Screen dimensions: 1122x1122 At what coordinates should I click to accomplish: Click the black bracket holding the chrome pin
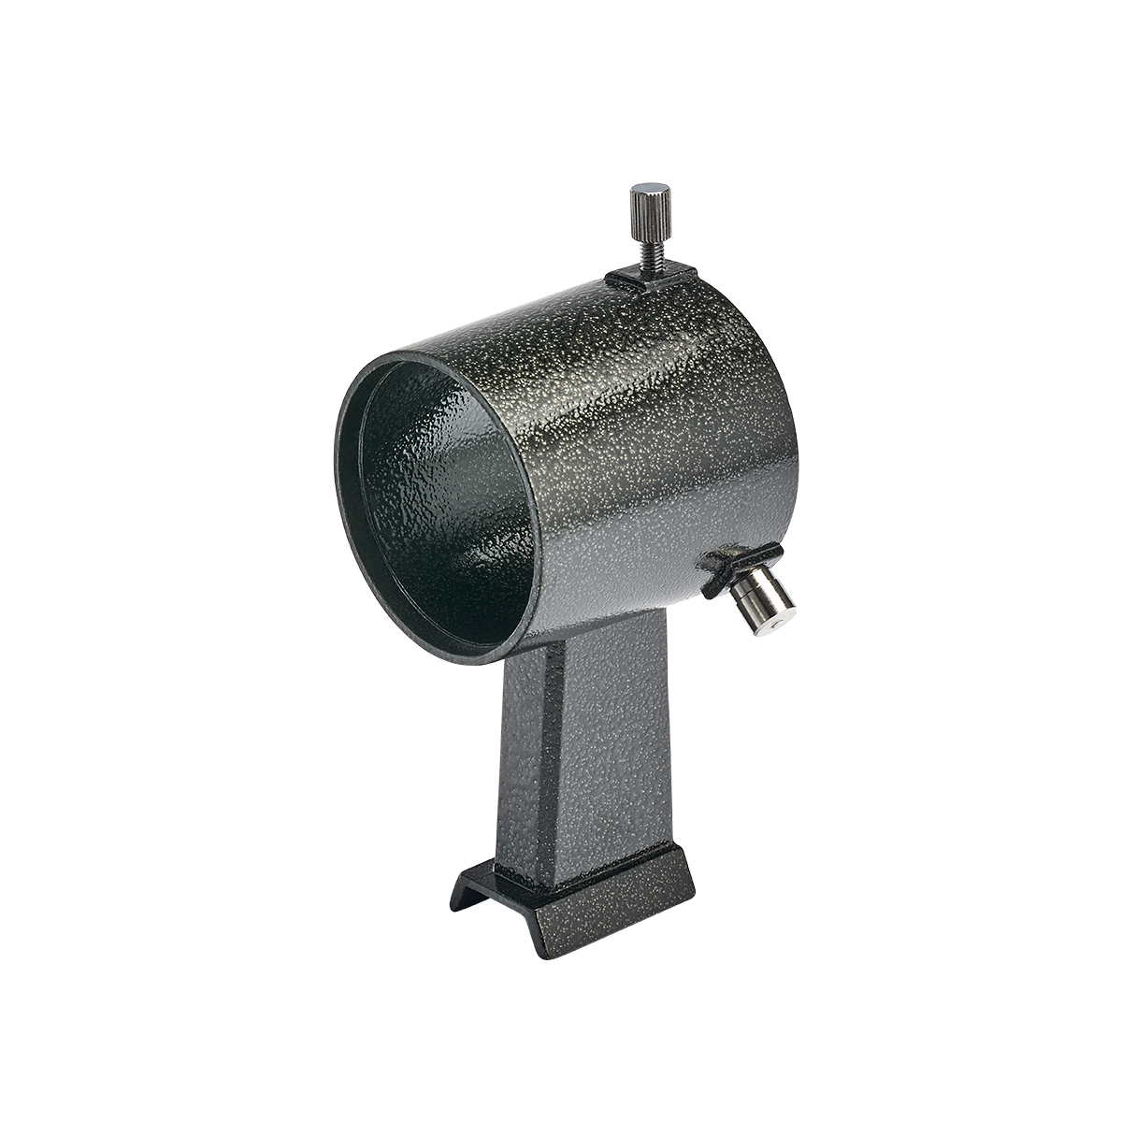pyautogui.click(x=728, y=565)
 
